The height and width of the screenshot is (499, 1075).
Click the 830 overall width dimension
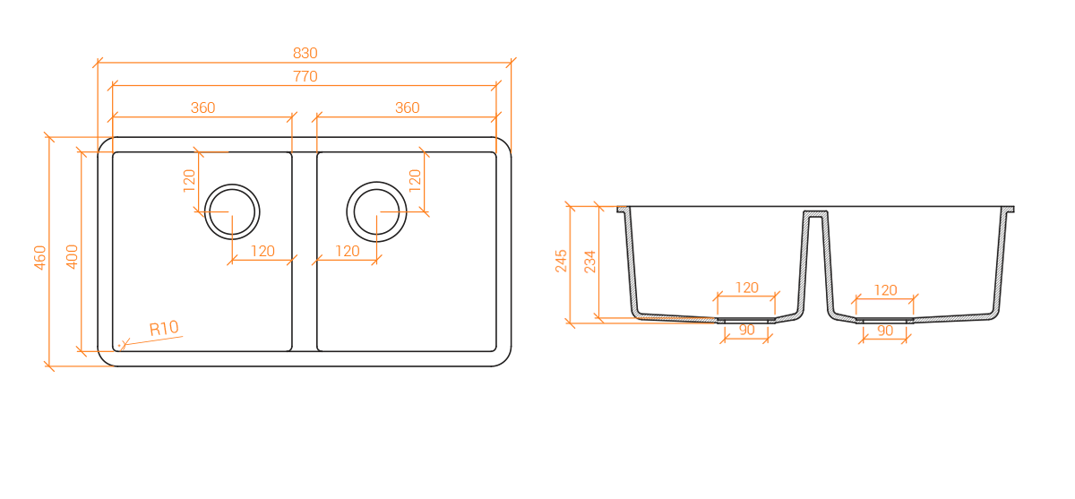pyautogui.click(x=305, y=53)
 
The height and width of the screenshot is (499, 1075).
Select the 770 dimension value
pyautogui.click(x=305, y=76)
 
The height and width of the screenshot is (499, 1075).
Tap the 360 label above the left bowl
pyautogui.click(x=203, y=108)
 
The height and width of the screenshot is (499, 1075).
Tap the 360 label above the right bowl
pyautogui.click(x=408, y=108)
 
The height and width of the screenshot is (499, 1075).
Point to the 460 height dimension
pyautogui.click(x=39, y=257)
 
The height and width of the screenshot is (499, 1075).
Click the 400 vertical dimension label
pyautogui.click(x=72, y=257)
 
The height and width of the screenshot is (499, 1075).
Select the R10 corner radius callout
pyautogui.click(x=164, y=329)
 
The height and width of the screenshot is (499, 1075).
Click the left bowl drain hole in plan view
pyautogui.click(x=232, y=211)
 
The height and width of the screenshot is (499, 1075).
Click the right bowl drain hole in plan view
pyautogui.click(x=377, y=211)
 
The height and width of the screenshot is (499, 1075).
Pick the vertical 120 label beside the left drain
pyautogui.click(x=190, y=181)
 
